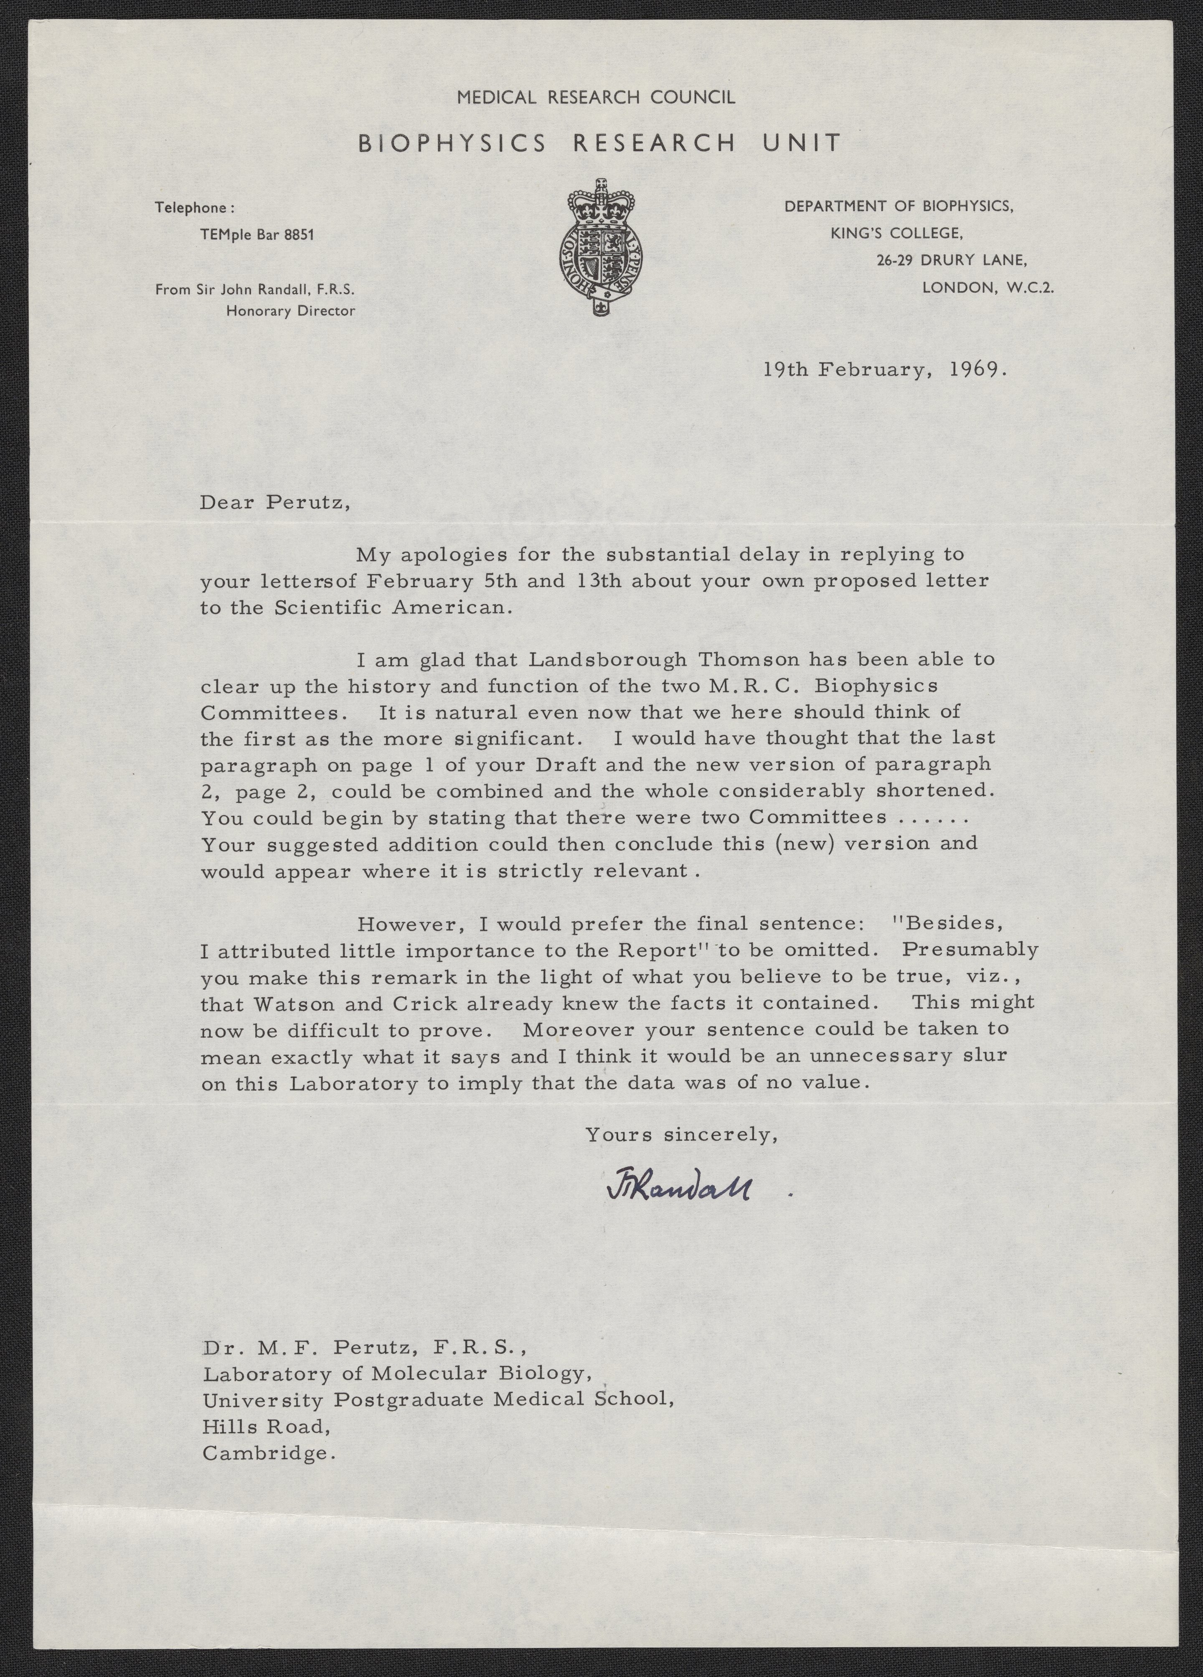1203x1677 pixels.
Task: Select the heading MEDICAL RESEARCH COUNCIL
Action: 596,97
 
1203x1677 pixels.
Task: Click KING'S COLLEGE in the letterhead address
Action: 896,234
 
